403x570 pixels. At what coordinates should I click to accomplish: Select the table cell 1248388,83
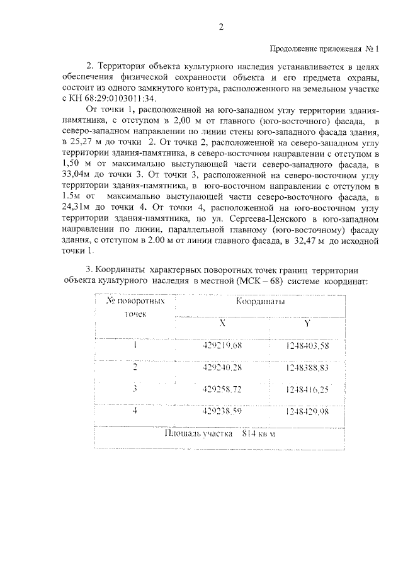(x=307, y=367)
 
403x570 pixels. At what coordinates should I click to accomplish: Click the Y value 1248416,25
(x=307, y=389)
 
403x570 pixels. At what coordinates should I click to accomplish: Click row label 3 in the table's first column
(x=135, y=389)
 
